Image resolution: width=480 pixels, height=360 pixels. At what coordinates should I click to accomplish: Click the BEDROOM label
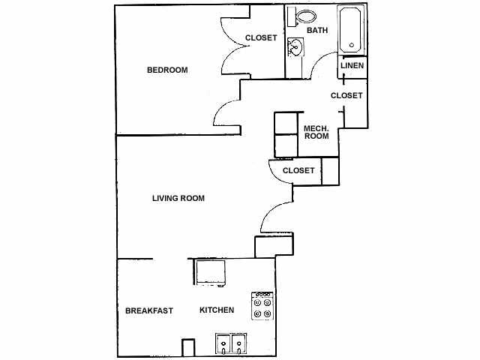coord(166,70)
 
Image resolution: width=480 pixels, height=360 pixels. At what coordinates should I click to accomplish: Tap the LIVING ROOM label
coord(178,199)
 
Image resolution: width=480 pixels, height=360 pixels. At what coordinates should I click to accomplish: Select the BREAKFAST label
coord(149,310)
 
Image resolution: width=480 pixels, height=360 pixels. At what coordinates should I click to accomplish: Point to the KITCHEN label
coord(217,310)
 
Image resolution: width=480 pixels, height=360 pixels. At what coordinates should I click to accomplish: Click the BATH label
coord(316,31)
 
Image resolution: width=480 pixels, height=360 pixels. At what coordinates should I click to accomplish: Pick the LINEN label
coord(352,66)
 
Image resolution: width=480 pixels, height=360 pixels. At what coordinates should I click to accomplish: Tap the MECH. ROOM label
coord(316,132)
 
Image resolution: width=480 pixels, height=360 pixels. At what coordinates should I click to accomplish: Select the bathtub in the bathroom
coord(352,30)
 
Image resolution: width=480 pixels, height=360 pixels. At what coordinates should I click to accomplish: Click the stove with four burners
coord(262,306)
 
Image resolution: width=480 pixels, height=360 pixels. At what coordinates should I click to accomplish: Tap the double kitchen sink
coord(231,343)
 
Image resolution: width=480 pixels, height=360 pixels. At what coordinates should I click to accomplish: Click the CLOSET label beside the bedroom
coord(261,37)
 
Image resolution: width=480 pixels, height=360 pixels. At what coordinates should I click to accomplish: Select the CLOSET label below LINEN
coord(346,96)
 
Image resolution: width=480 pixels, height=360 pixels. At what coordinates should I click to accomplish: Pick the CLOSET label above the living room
coord(298,171)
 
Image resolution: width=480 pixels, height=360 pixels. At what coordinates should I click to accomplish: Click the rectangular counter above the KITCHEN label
coord(211,271)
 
